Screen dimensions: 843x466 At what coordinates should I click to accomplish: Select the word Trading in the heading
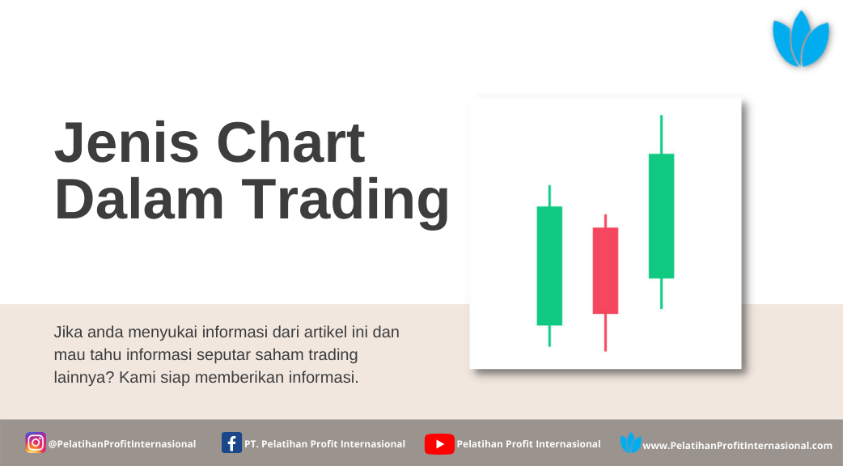tap(345, 202)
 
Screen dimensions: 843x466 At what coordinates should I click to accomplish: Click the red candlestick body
tap(605, 270)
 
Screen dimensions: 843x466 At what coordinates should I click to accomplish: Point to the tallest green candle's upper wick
tap(661, 134)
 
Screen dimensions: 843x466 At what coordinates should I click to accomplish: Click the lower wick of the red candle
tap(605, 333)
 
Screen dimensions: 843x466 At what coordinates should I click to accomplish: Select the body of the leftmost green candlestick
tap(549, 265)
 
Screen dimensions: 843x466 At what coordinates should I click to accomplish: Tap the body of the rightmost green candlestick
tap(661, 216)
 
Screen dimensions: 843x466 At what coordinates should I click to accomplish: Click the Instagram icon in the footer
tap(36, 443)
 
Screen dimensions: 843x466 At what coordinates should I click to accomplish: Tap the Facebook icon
tap(231, 443)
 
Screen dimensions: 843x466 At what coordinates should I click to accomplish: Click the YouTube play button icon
tap(439, 444)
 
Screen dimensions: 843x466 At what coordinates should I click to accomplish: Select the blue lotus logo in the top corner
tap(801, 39)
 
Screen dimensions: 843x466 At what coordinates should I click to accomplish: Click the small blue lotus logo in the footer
tap(631, 443)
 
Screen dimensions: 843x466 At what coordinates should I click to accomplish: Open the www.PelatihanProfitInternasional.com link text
tap(738, 446)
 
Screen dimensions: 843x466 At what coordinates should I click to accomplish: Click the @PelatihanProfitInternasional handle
tap(122, 444)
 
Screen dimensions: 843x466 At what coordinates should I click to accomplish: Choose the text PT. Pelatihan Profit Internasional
tap(324, 444)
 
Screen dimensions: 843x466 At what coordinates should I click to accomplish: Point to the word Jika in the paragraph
tap(68, 333)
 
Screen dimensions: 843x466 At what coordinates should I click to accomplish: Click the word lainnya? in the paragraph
tap(84, 377)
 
